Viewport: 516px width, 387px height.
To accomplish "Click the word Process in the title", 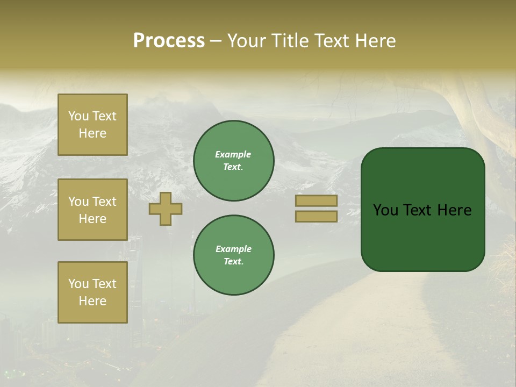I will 169,41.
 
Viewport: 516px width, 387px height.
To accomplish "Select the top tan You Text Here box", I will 92,125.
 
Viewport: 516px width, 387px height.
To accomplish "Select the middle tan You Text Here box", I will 92,210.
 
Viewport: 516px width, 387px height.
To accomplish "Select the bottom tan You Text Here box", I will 92,292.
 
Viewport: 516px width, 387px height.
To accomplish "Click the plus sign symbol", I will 165,209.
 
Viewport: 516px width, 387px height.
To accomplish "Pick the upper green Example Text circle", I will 233,161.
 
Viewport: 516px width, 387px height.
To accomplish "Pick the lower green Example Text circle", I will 233,255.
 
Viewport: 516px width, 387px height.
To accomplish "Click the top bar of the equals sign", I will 316,201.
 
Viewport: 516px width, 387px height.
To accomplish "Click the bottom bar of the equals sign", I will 316,216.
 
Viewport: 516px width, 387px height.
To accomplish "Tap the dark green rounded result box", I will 422,236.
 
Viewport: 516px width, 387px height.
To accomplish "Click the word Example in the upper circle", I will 233,155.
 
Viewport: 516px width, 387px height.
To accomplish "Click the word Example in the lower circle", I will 233,249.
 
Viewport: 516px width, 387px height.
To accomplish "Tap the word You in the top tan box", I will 78,117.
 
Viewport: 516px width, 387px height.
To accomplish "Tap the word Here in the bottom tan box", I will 92,301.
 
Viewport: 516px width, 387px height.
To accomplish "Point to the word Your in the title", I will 246,41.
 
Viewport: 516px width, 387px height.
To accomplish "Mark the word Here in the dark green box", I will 455,210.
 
